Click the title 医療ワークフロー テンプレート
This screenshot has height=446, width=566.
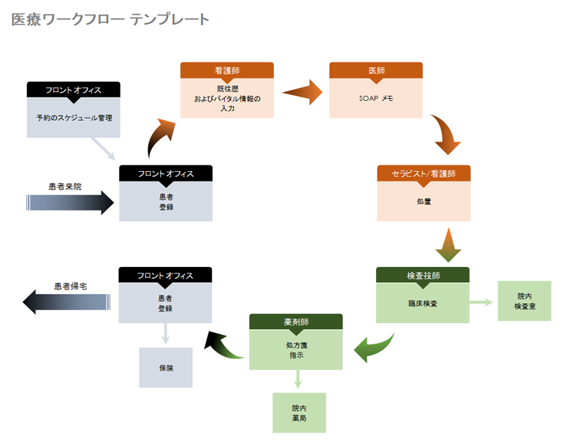pyautogui.click(x=110, y=20)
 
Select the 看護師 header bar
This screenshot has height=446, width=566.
pyautogui.click(x=227, y=70)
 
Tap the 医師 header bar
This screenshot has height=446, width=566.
pyautogui.click(x=376, y=70)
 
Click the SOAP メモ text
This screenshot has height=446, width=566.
pyautogui.click(x=376, y=98)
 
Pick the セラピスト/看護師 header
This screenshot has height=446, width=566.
pyautogui.click(x=424, y=173)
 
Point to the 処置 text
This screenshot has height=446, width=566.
pyautogui.click(x=424, y=201)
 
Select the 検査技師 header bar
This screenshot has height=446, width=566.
pyautogui.click(x=423, y=275)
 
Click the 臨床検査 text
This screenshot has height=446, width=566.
pyautogui.click(x=423, y=302)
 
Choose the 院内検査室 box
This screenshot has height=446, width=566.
pyautogui.click(x=524, y=301)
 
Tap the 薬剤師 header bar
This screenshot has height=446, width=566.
pyautogui.click(x=296, y=322)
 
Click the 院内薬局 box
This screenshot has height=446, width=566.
pyautogui.click(x=299, y=413)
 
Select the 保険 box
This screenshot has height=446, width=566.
pyautogui.click(x=166, y=368)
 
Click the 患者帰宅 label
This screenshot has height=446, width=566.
pyautogui.click(x=71, y=287)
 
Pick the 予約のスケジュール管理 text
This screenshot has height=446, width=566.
pyautogui.click(x=74, y=117)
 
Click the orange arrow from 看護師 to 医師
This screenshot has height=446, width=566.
pyautogui.click(x=302, y=92)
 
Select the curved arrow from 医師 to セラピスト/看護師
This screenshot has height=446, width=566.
pyautogui.click(x=445, y=135)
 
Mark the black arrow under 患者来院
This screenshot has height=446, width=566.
pyautogui.click(x=70, y=203)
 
